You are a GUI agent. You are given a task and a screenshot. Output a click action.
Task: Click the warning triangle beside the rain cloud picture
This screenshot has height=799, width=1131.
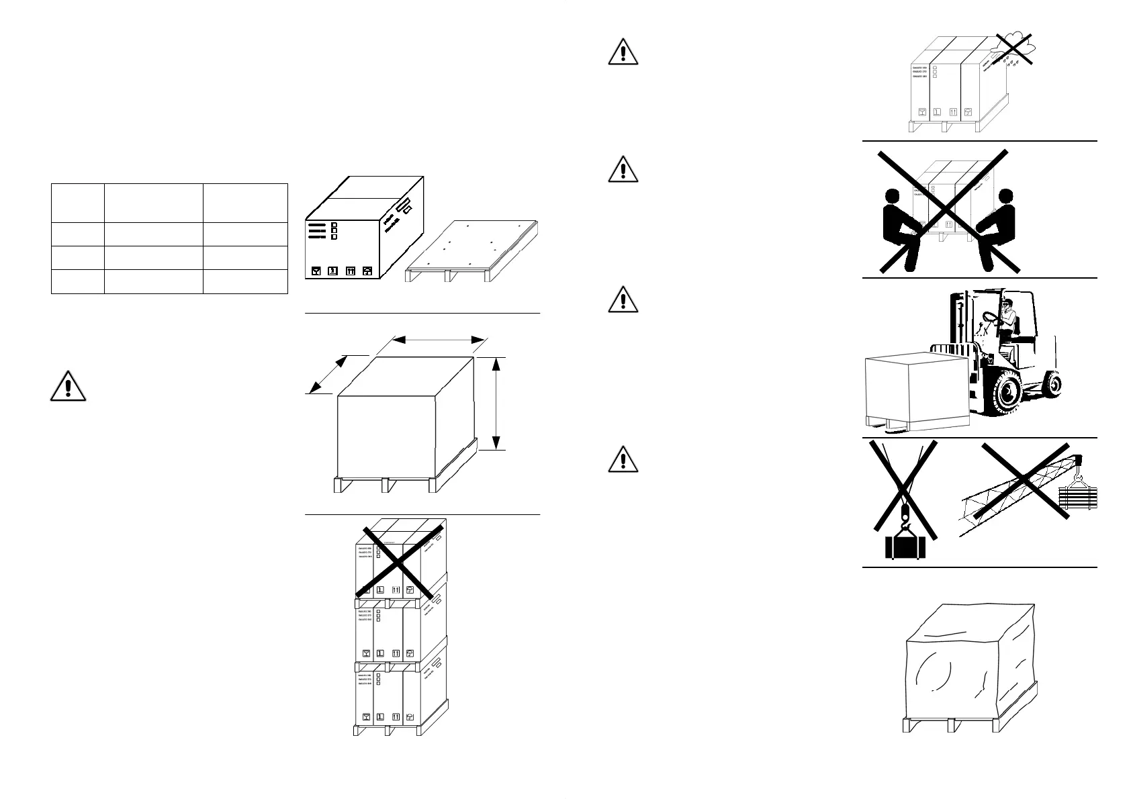[x=623, y=52]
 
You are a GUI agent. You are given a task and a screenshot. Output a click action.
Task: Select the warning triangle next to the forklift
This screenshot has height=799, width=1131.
[x=623, y=299]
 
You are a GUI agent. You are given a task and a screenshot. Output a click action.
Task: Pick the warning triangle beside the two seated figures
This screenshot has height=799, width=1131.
[x=623, y=169]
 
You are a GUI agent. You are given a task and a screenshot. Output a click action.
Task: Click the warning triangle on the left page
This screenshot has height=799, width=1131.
[x=67, y=385]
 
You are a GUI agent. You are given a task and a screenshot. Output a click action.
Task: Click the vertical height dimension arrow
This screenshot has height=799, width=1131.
[x=496, y=403]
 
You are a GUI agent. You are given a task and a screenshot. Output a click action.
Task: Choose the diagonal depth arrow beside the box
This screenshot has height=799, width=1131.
[x=327, y=374]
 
